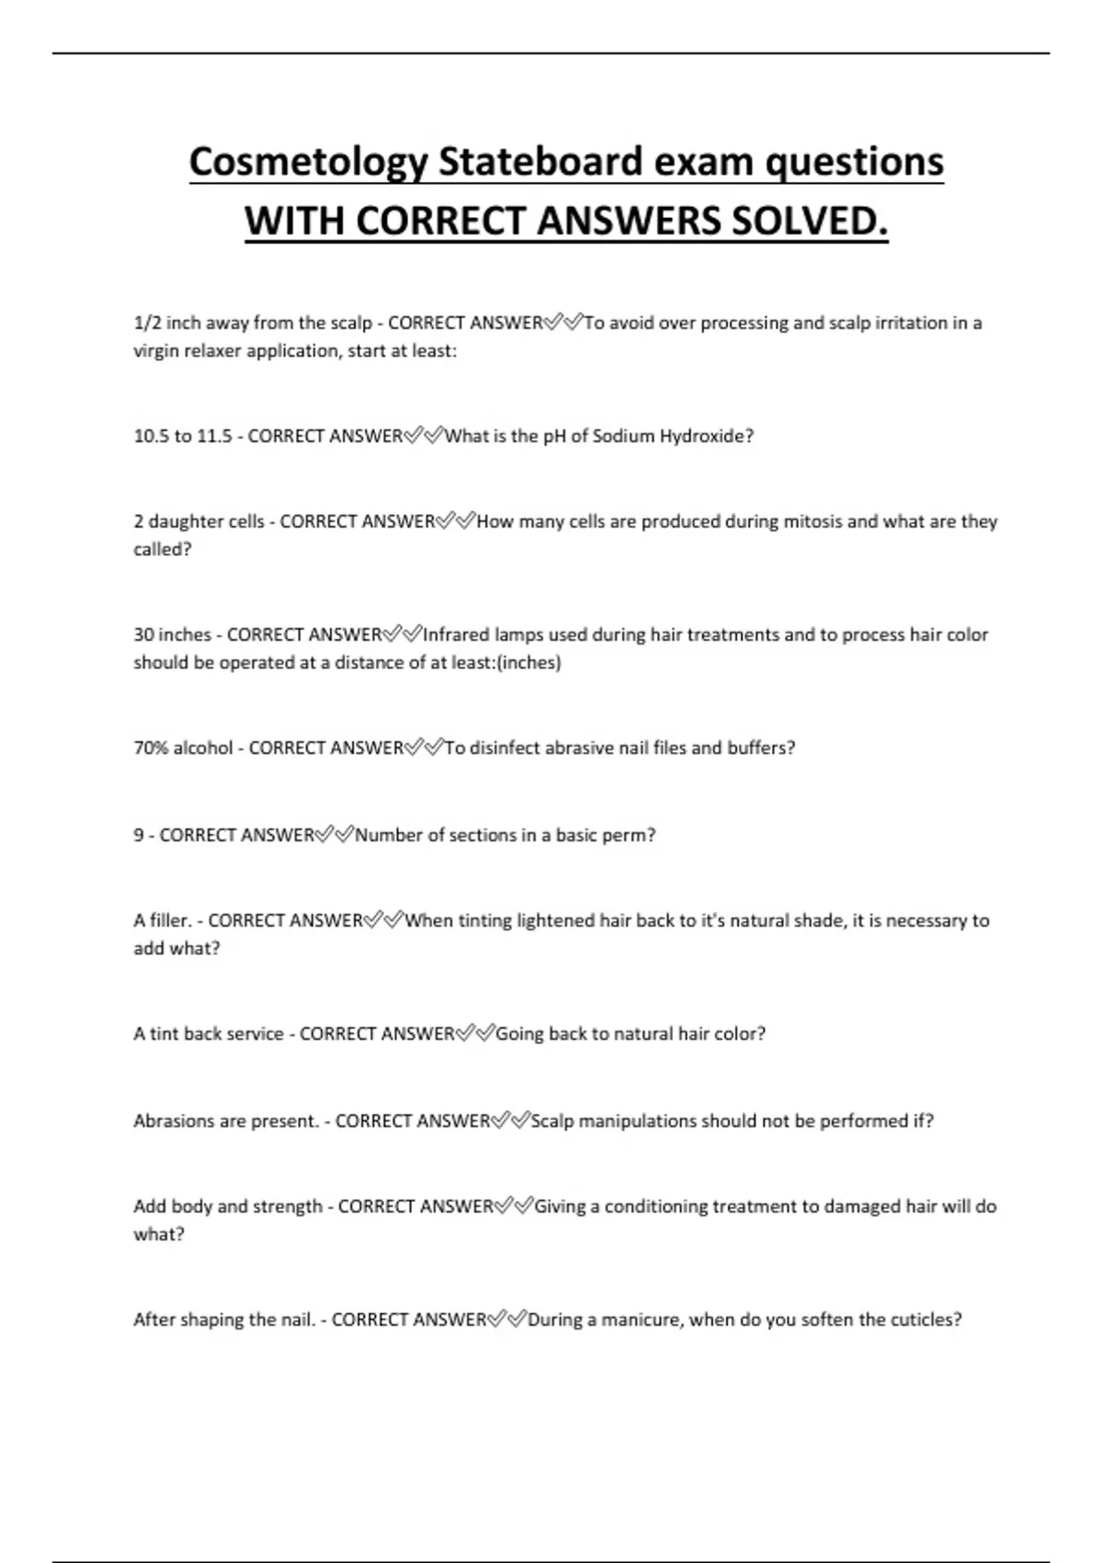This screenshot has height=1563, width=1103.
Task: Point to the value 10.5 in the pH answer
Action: pos(151,436)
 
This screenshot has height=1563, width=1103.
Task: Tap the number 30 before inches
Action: pos(143,634)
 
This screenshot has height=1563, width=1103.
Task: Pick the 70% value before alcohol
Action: pos(151,747)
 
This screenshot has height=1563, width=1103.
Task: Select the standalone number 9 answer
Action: pos(139,835)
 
